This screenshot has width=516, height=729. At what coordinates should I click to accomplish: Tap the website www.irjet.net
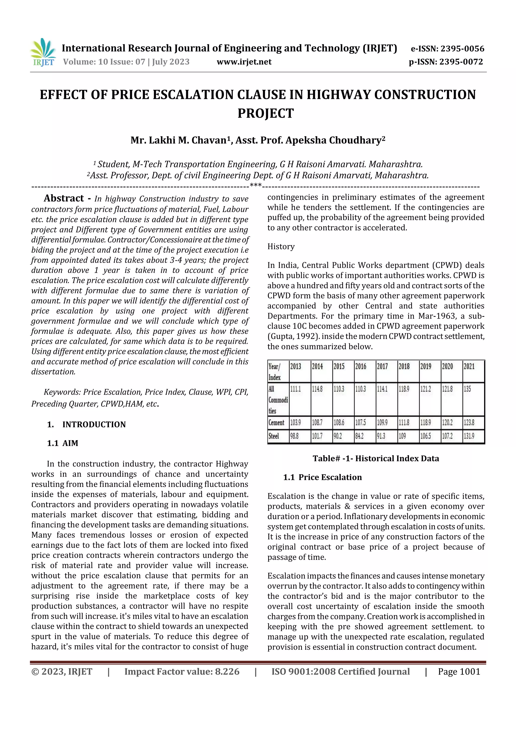(x=244, y=62)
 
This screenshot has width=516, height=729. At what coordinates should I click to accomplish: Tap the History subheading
(x=281, y=246)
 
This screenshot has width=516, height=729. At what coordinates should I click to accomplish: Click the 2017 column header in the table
(x=382, y=366)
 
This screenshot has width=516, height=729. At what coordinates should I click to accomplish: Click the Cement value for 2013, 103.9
(x=295, y=423)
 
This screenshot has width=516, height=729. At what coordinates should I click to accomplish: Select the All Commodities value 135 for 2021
(x=467, y=389)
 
